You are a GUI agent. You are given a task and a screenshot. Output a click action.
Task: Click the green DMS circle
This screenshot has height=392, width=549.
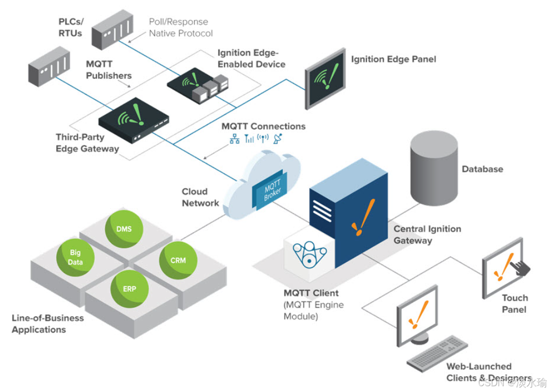point(124,230)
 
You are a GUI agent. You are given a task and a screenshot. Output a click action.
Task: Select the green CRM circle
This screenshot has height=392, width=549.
point(178,260)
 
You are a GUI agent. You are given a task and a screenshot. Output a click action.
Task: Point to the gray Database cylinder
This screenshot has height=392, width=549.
point(434,169)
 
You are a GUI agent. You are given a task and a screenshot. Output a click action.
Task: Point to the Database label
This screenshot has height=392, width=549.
point(482,169)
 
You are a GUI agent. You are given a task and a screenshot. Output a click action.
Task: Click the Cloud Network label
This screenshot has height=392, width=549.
point(200,197)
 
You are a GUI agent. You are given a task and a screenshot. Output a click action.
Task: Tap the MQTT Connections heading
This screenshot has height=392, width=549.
point(263,127)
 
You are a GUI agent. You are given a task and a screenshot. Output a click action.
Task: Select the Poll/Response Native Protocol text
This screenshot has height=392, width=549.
point(180,28)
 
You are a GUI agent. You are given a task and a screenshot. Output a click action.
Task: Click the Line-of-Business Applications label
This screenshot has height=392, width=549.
point(47,324)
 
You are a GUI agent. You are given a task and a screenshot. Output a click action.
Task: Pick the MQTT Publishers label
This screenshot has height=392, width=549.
point(108,70)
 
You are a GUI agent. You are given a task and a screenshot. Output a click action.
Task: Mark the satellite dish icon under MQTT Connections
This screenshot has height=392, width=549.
point(279,138)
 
